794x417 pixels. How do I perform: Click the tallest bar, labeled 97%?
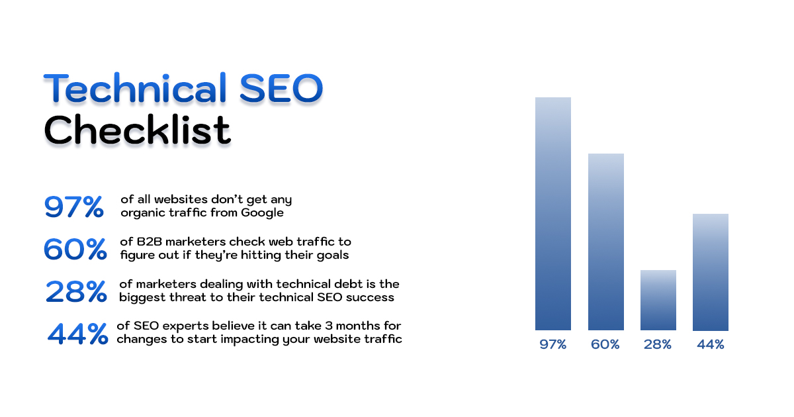point(552,213)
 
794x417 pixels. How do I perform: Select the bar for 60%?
point(605,242)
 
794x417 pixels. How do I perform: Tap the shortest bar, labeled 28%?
point(658,300)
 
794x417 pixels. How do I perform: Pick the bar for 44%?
point(710,272)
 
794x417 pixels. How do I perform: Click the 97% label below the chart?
point(552,345)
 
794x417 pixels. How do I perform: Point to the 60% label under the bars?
point(605,345)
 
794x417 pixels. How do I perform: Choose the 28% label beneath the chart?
point(658,345)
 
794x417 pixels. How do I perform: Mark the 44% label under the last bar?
point(710,345)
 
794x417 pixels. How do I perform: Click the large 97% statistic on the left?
point(73,207)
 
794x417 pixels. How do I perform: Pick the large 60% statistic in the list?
point(74,249)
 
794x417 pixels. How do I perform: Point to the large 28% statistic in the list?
point(75,291)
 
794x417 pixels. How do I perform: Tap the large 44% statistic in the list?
point(77,334)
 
